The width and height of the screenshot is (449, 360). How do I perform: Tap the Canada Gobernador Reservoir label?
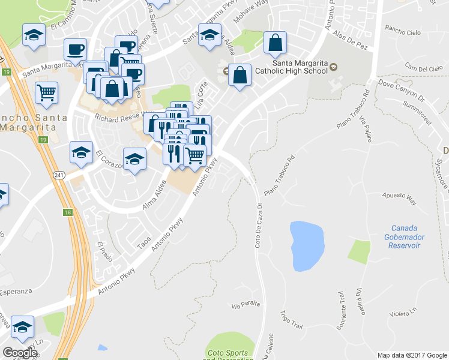click(x=406, y=236)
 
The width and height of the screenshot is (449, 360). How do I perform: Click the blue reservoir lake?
click(x=307, y=245)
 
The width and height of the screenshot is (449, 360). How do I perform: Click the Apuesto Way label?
click(x=400, y=196)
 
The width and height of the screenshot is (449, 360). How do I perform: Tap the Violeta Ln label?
click(x=403, y=313)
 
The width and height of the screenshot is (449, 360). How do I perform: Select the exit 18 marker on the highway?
click(x=67, y=212)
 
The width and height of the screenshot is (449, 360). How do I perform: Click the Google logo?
click(x=20, y=353)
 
